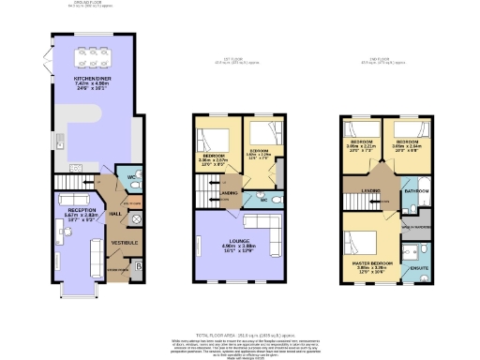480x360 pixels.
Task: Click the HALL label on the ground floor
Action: click(x=116, y=214)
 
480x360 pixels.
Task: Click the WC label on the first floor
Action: click(x=264, y=199)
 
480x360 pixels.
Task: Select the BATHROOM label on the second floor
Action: click(x=416, y=191)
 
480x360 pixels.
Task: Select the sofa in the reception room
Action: click(x=96, y=252)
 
